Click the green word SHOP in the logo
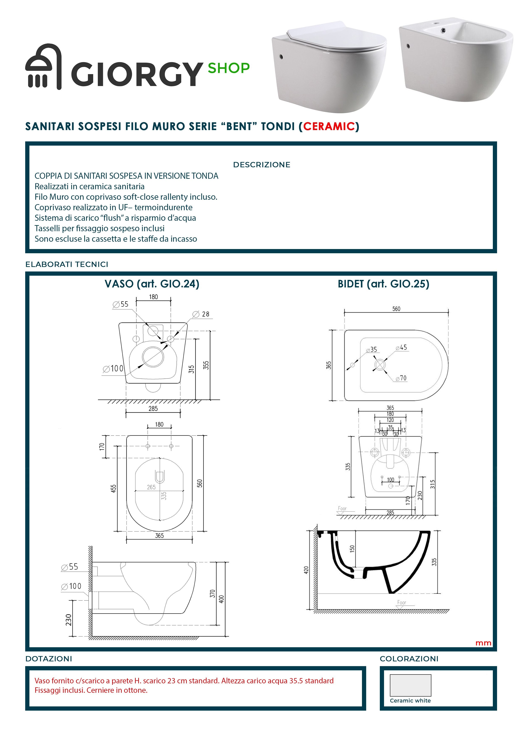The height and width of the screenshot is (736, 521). [229, 68]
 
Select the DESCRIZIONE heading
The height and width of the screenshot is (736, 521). [262, 165]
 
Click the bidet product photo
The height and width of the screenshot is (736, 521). [456, 59]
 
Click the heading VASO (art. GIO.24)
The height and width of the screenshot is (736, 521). [152, 284]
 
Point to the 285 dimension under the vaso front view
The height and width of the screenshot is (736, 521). [153, 409]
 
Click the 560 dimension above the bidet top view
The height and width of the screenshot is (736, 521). [396, 309]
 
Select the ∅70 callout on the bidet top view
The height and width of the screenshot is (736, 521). [401, 378]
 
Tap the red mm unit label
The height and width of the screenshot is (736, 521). [483, 643]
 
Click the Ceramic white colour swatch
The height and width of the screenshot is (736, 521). [410, 685]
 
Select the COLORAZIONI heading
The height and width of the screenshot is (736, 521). [409, 659]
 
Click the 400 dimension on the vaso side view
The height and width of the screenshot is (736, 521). [221, 599]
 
